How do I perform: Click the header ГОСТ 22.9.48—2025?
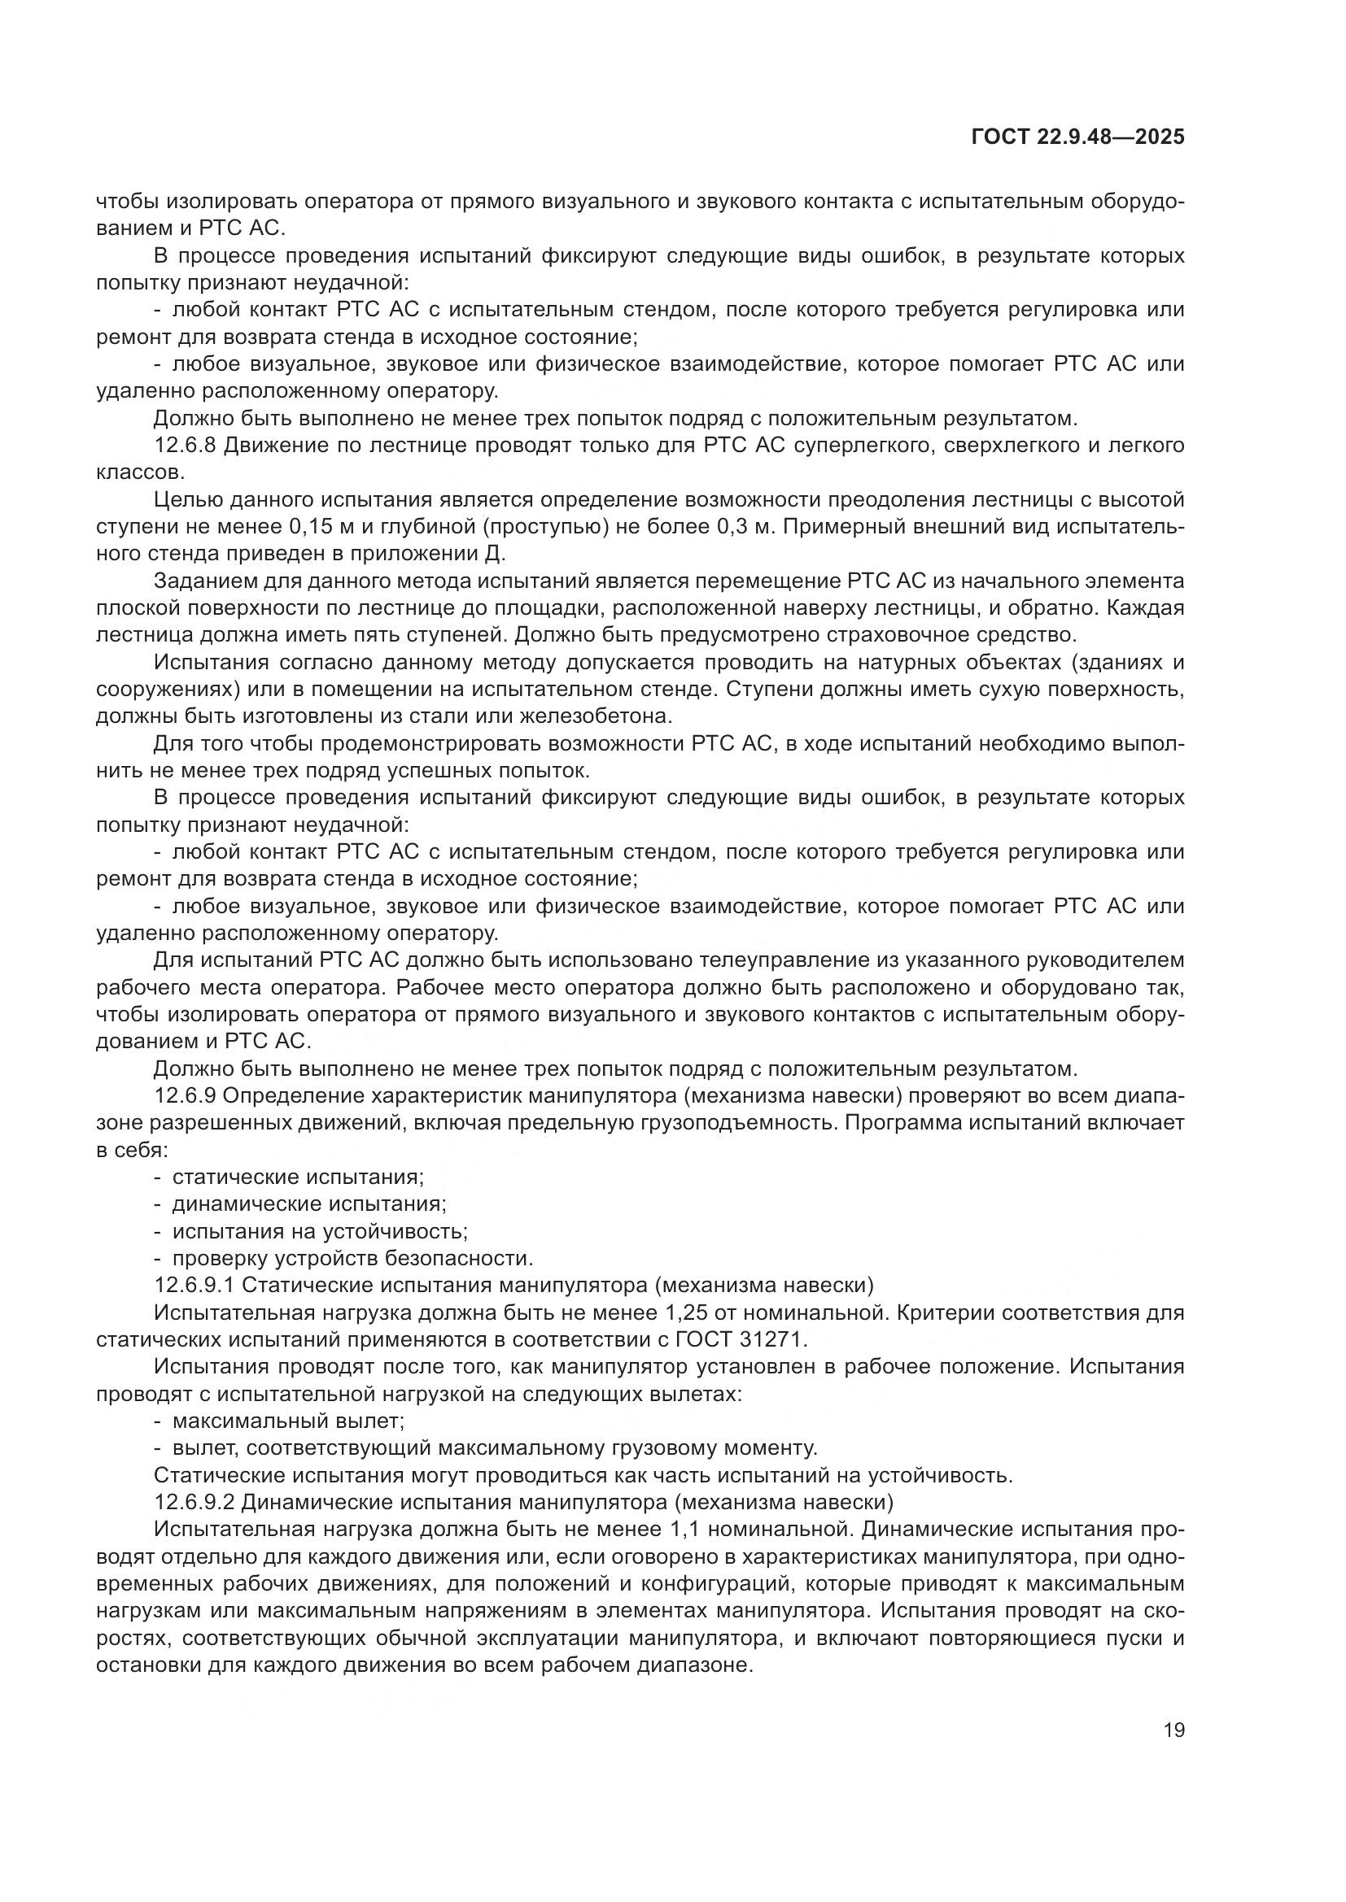1077,137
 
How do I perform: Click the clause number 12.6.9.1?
195,1286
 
